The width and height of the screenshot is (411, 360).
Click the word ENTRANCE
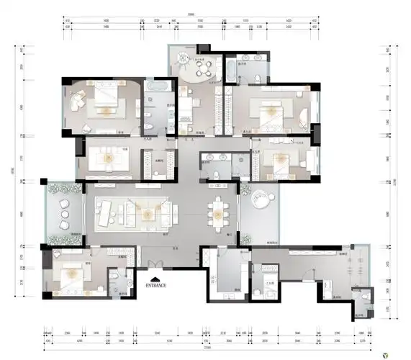click(156, 285)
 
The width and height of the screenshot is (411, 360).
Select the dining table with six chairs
click(216, 212)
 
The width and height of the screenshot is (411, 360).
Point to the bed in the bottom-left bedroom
click(72, 273)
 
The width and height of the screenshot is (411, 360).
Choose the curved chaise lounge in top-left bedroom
click(78, 99)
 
